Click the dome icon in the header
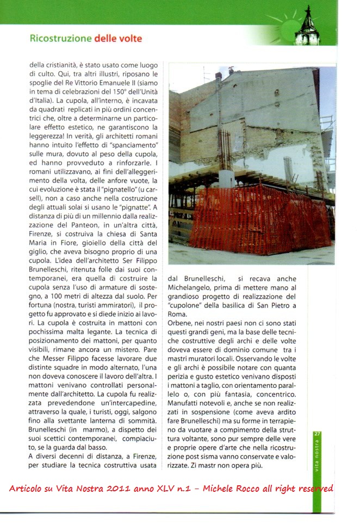point(308,27)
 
